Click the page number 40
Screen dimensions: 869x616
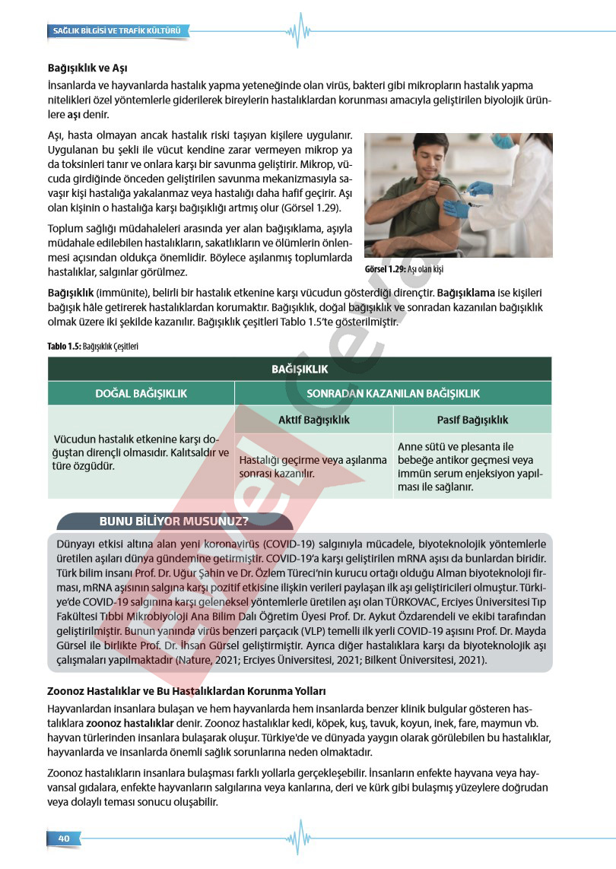click(64, 838)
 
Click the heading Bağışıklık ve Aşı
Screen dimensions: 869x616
click(87, 68)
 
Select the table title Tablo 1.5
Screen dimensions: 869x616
click(93, 346)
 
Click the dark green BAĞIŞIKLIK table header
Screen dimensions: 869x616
click(300, 369)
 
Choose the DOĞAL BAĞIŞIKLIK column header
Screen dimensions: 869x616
click(141, 393)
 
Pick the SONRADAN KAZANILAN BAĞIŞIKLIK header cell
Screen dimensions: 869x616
click(392, 393)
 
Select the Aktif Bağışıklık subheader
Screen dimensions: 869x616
click(313, 420)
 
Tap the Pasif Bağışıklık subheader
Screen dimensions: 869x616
click(472, 420)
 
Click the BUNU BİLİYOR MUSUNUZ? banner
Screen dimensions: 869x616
click(174, 521)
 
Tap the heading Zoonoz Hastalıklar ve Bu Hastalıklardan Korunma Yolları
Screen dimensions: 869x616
click(186, 692)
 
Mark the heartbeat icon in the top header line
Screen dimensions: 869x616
click(299, 31)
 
